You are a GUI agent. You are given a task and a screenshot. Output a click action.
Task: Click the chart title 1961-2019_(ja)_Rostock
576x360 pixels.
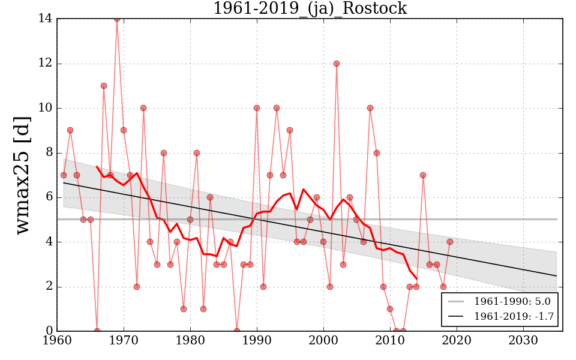point(310,8)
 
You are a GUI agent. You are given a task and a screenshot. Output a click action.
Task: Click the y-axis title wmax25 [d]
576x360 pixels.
point(22,175)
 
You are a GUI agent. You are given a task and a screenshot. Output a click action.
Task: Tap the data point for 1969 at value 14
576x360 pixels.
point(117,19)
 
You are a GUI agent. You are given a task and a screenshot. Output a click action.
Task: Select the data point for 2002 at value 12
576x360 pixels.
point(337,64)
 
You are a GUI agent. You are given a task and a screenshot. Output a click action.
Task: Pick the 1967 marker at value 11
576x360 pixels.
point(104,86)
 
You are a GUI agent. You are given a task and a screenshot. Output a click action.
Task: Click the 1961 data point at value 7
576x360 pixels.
point(64,175)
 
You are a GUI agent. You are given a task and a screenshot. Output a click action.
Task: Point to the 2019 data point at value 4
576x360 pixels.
point(450,242)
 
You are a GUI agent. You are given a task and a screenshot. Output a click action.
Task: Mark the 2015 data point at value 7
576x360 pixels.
point(423,175)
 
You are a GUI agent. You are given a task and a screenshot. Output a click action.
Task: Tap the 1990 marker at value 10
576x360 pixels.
point(257,108)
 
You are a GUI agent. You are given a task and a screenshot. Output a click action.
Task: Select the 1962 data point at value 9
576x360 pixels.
point(70,130)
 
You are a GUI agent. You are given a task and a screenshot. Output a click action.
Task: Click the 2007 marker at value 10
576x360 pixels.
point(370,108)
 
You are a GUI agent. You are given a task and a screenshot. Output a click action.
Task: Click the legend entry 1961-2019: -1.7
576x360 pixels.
point(502,316)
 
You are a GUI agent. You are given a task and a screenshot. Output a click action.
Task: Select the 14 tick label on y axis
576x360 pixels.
point(45,19)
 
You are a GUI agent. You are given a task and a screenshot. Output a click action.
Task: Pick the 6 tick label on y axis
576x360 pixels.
point(49,197)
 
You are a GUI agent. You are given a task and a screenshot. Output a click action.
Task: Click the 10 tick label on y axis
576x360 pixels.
point(45,108)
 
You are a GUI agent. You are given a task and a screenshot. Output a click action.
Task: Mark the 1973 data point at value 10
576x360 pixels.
point(143,108)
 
